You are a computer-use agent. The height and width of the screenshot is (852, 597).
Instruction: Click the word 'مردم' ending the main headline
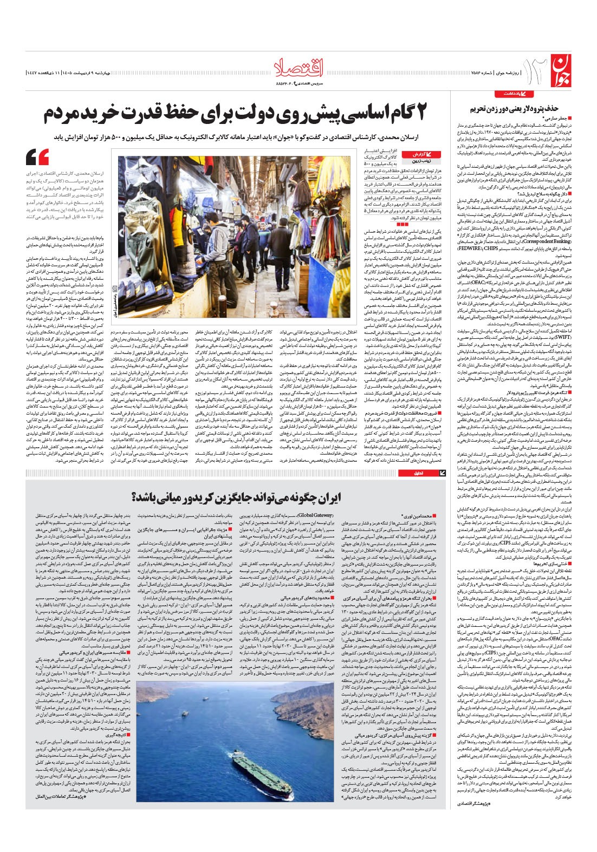(63, 115)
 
